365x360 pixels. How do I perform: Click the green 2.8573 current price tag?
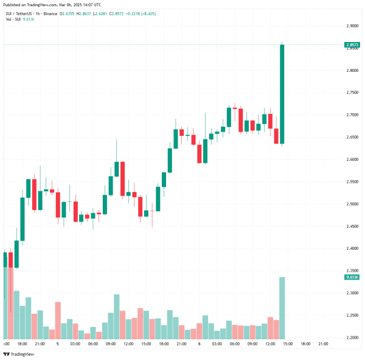point(352,44)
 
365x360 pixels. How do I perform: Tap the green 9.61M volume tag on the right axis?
point(352,277)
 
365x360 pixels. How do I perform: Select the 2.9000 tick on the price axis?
point(352,26)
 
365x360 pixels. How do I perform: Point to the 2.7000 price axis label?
point(352,115)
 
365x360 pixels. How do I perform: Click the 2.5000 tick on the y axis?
point(352,204)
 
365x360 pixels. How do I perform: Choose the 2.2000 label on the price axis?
point(352,337)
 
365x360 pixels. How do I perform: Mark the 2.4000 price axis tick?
point(352,249)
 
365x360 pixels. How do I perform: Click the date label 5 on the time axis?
point(57,344)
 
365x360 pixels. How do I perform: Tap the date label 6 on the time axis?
point(200,344)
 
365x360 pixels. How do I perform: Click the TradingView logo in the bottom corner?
point(18,353)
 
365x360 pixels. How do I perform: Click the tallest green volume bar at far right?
point(282,308)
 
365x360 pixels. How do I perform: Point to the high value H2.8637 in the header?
point(94,12)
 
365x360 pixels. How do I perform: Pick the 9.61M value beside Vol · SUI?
point(29,18)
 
